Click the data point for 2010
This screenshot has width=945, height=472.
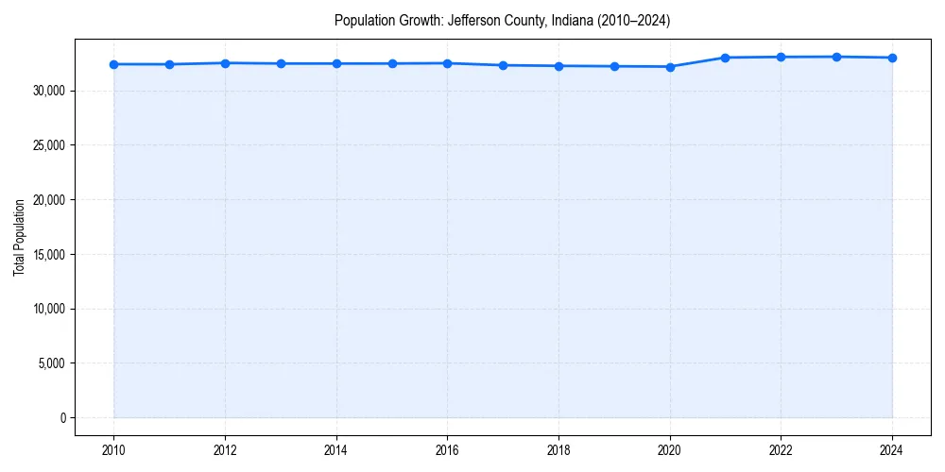pos(113,64)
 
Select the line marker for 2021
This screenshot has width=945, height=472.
pos(725,58)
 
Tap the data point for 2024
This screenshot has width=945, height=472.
pos(892,58)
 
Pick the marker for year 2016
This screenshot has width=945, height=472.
pos(447,63)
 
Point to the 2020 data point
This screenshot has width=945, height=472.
pos(670,67)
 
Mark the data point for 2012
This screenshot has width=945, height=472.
pos(225,63)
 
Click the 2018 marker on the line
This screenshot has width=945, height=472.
pos(558,66)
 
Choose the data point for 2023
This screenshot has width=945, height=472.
pos(836,57)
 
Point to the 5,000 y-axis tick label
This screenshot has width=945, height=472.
pos(50,363)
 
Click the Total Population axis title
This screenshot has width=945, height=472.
pos(19,237)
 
